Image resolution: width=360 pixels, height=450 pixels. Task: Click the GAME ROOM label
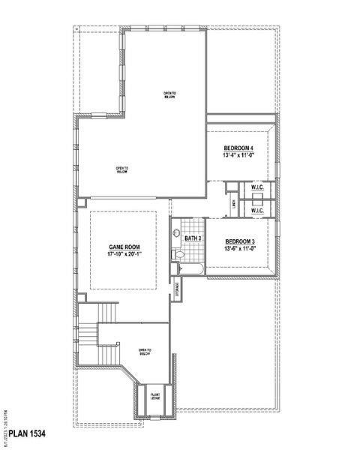(x=124, y=247)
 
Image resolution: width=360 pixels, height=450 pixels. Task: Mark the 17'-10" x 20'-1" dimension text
(x=124, y=254)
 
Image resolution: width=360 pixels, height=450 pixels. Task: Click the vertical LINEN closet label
(x=235, y=202)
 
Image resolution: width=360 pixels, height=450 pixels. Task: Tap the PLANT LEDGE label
(x=155, y=396)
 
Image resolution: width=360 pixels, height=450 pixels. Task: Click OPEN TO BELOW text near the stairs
(x=145, y=352)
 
